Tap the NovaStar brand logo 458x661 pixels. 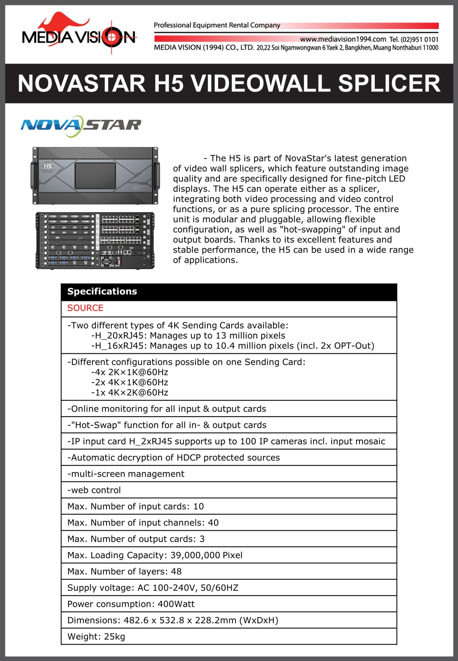(x=81, y=125)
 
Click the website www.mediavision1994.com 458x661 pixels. (x=343, y=39)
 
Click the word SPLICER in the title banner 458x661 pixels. (x=389, y=84)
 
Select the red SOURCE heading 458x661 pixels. (x=85, y=308)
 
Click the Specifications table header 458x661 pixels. (x=102, y=292)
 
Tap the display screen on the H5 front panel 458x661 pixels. (x=95, y=175)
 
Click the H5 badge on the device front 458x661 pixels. (x=48, y=166)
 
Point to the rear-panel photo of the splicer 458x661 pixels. (x=95, y=241)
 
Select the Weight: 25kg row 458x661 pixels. (x=96, y=637)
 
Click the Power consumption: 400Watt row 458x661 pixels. (x=131, y=604)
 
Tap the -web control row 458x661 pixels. (x=94, y=491)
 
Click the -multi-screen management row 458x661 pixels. (x=126, y=474)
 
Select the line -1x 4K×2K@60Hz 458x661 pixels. (x=130, y=393)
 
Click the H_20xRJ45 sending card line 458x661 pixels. (x=188, y=336)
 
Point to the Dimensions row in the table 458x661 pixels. (x=173, y=621)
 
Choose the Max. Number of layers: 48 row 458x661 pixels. (x=124, y=572)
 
